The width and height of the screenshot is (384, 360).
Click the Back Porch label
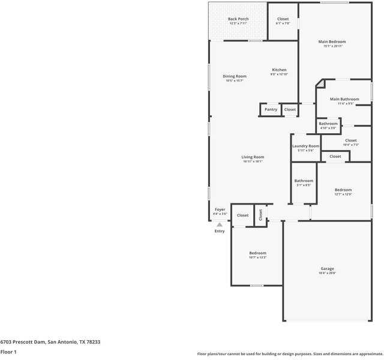pos(238,19)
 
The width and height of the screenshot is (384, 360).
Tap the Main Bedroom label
pos(332,41)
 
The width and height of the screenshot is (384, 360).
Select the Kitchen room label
pos(279,70)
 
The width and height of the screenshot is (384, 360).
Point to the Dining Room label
pos(235,76)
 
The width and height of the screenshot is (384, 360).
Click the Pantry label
pos(271,109)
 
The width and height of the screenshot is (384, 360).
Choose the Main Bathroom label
pos(344,99)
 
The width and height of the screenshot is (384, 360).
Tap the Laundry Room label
pos(305,146)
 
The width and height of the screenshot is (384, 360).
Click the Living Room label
pos(253,157)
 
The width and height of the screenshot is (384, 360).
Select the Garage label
pos(327,268)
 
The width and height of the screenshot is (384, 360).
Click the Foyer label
pos(220,209)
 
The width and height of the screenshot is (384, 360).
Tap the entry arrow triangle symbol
pos(220,224)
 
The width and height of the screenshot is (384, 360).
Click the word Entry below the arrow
pos(220,231)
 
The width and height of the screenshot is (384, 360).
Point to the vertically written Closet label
pos(260,214)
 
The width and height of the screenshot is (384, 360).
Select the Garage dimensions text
pos(327,273)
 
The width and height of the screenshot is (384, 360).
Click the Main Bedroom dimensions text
pos(332,46)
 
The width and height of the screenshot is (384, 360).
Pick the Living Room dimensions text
pos(253,161)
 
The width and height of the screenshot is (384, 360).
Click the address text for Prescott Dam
pos(50,342)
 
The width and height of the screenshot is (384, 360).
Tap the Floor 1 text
pos(8,352)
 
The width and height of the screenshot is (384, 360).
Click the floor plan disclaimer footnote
pos(290,353)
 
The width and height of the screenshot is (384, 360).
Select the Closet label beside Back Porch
pos(283,19)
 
